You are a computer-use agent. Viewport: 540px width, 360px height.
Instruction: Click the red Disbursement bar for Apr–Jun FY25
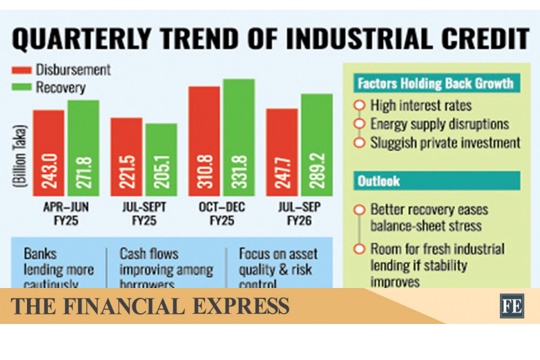coord(49,153)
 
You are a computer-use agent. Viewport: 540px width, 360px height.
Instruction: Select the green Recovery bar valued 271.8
coord(83,148)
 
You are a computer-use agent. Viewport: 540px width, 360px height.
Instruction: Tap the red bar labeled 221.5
coord(127,157)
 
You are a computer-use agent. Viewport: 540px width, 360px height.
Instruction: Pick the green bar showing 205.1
coord(161,160)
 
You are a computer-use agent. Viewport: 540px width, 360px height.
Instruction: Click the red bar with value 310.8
coord(204,141)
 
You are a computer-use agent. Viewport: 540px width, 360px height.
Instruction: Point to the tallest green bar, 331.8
coord(239,137)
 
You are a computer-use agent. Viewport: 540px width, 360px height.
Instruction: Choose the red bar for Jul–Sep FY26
coord(282,152)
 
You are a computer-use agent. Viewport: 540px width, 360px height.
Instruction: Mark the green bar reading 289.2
coord(316,145)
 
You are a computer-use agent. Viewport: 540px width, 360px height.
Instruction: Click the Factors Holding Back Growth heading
coord(436,83)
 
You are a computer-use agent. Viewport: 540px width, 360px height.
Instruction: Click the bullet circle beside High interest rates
coord(359,106)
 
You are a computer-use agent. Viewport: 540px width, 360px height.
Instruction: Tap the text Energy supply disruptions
coord(439,124)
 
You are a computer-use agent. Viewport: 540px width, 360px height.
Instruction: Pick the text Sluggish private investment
coord(445,143)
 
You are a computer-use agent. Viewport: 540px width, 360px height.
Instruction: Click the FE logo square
coord(512,305)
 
